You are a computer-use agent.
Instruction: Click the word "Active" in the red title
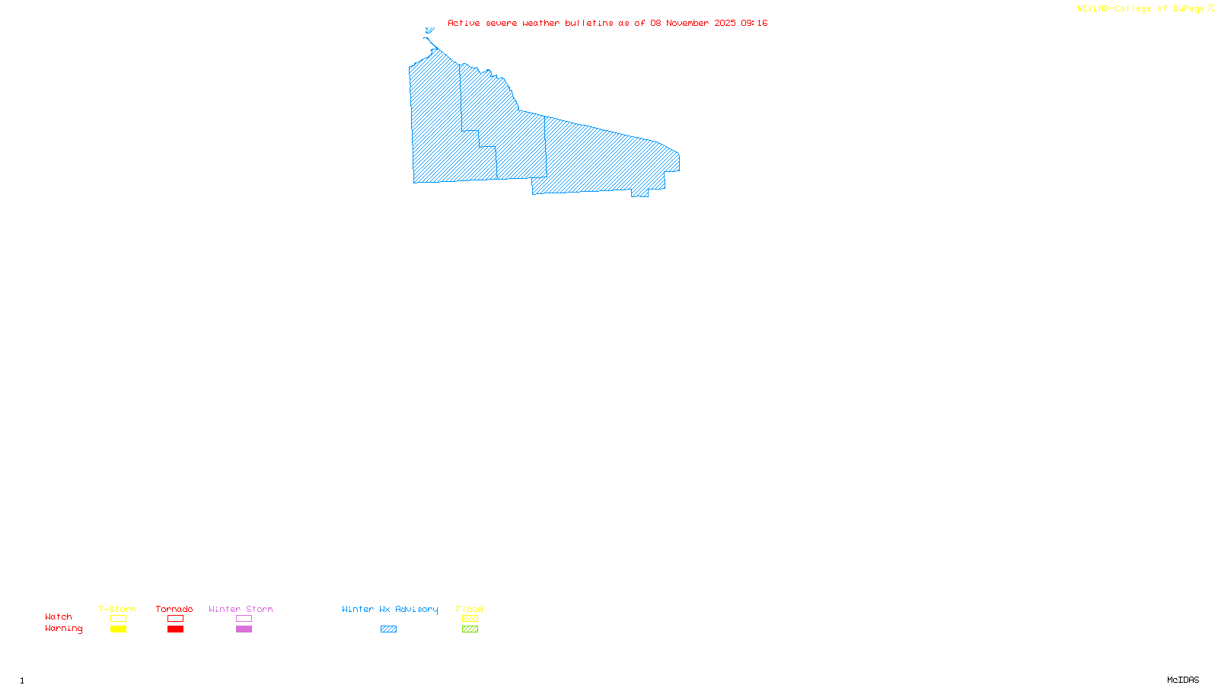[464, 23]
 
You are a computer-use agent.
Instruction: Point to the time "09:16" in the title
[754, 23]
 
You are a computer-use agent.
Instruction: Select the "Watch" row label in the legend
[59, 616]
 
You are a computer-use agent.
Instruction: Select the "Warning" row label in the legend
[63, 629]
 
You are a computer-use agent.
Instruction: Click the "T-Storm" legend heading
[117, 609]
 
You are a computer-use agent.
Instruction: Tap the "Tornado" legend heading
[174, 609]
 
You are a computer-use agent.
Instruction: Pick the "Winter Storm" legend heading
[241, 609]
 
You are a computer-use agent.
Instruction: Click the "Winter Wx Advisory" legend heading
[390, 609]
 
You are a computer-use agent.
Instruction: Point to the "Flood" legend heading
[470, 609]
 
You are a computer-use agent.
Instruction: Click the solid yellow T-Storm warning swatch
[118, 629]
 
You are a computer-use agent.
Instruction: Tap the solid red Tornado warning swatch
[176, 629]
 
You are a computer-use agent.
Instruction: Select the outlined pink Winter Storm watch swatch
[244, 619]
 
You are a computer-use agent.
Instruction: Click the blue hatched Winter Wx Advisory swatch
[388, 629]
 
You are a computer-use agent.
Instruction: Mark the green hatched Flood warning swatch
[470, 629]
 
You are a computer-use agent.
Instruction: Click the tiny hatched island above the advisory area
[429, 30]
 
